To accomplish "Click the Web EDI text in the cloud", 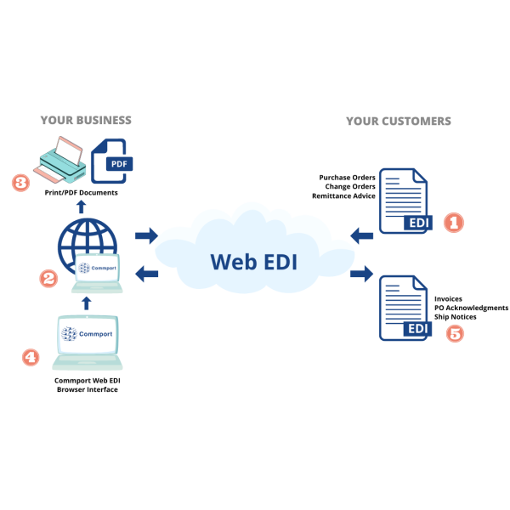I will (254, 261).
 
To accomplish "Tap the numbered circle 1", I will (454, 223).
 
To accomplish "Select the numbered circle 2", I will (48, 278).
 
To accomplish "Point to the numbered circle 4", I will (31, 357).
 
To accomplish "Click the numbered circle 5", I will (456, 333).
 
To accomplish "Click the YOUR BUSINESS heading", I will (86, 121).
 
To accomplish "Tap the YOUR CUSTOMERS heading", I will (398, 122).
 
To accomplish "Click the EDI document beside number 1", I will (404, 201).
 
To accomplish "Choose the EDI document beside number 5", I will (404, 308).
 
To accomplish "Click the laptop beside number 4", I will (88, 342).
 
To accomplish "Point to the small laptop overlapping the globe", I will (98, 271).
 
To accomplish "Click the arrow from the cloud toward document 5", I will (362, 273).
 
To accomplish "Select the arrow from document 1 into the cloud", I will (362, 235).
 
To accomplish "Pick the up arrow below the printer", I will (81, 206).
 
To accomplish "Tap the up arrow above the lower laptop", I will (86, 302).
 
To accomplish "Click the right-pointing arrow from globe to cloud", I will (146, 235).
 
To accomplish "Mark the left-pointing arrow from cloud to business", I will (146, 274).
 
